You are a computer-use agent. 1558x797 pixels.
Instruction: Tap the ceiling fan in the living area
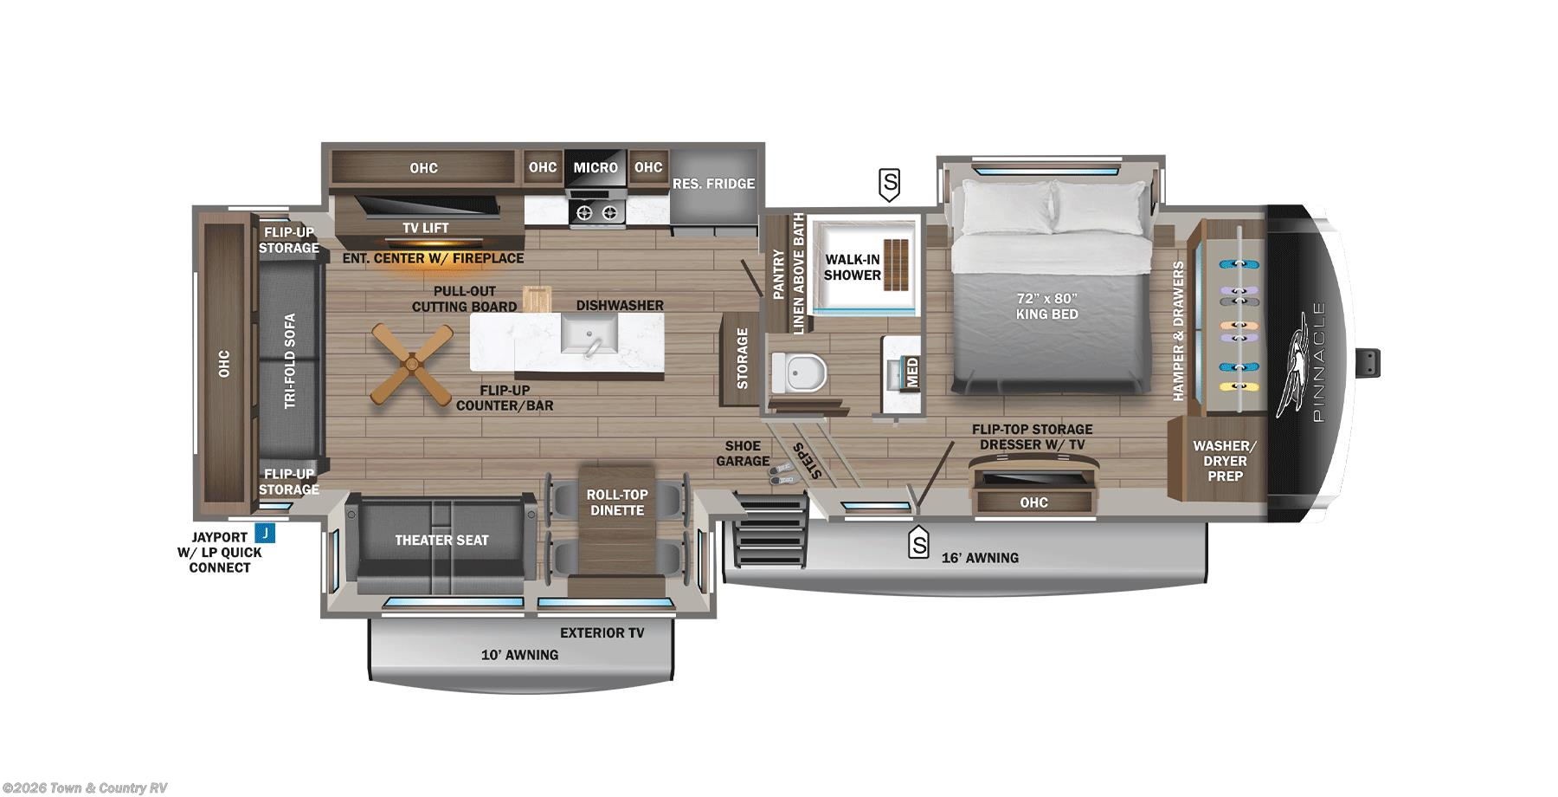[x=412, y=364]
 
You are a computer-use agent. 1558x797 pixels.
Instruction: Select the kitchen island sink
[x=589, y=334]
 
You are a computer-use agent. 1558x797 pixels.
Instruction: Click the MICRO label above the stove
[x=596, y=167]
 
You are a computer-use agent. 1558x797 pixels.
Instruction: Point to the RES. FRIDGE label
[x=713, y=184]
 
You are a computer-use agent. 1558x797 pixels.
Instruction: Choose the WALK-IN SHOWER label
[x=852, y=267]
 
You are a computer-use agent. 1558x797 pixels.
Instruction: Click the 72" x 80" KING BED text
[x=1046, y=306]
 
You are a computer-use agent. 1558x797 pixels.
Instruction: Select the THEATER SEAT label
[x=441, y=540]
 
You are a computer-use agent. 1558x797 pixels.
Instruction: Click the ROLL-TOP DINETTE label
[x=616, y=502]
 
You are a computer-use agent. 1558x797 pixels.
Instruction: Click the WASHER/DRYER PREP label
[x=1224, y=461]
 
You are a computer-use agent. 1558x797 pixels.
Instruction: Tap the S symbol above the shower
[x=889, y=184]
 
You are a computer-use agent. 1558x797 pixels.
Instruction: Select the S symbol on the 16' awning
[x=917, y=544]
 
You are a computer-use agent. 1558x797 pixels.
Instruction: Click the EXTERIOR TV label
[x=602, y=632]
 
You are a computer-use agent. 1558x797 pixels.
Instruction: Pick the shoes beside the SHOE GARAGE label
[x=782, y=473]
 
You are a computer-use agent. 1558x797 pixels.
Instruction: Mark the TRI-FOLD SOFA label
[x=290, y=360]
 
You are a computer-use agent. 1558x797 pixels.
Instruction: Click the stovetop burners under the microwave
[x=596, y=211]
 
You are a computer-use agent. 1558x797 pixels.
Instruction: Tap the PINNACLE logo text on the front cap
[x=1318, y=361]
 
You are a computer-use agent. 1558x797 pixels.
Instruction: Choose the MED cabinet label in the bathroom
[x=911, y=372]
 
